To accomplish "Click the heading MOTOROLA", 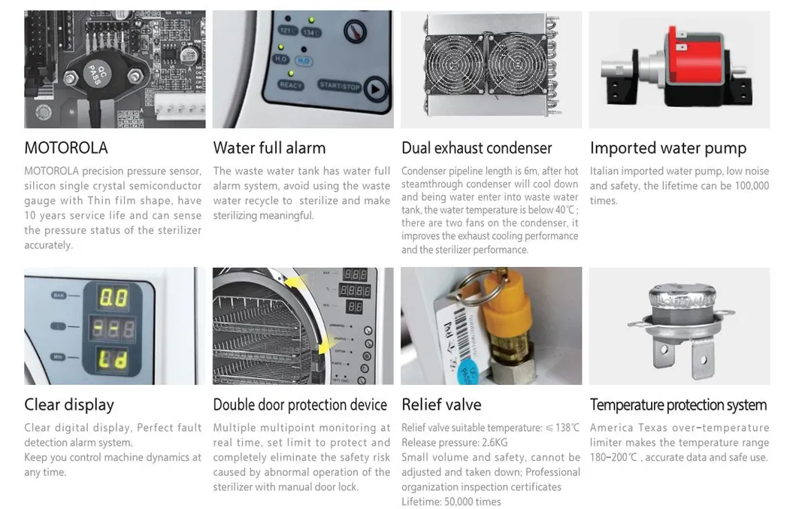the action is point(66,148).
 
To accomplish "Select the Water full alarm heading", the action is point(269,148).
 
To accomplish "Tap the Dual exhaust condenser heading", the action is point(477,148).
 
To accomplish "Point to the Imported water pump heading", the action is point(668,148).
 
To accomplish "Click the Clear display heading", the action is point(69,404).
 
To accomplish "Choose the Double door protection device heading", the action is point(300,404).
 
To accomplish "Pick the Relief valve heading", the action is point(441,404).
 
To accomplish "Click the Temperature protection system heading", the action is point(678,404).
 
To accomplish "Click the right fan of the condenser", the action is point(517,65).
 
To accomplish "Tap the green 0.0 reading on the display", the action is point(113,298).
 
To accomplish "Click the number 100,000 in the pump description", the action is point(752,186).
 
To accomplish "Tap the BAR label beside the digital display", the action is point(59,295).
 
